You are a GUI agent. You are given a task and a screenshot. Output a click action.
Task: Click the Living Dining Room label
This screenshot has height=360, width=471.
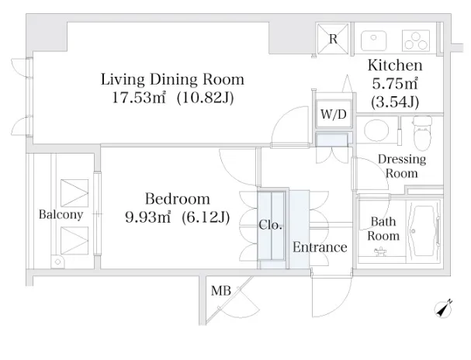pyautogui.click(x=172, y=80)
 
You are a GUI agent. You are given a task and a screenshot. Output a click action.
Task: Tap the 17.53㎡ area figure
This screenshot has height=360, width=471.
pyautogui.click(x=139, y=98)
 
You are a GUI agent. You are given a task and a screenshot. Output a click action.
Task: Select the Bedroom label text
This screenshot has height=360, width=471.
pyautogui.click(x=178, y=199)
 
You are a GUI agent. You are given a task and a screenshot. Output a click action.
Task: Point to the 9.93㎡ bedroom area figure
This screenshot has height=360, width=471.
pyautogui.click(x=147, y=217)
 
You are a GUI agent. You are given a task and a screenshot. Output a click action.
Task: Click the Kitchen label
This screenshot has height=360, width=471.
pyautogui.click(x=395, y=65)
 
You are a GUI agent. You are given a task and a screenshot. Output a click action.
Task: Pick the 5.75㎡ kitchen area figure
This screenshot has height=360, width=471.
pyautogui.click(x=395, y=84)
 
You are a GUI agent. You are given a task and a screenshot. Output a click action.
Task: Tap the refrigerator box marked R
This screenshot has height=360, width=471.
pyautogui.click(x=333, y=39)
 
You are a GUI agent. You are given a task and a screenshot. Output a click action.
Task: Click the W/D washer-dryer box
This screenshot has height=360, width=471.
pyautogui.click(x=334, y=114)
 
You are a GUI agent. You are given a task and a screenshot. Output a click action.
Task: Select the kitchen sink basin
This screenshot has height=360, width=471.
pyautogui.click(x=373, y=40)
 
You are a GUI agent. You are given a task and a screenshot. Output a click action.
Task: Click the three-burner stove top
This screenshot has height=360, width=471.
pyautogui.click(x=416, y=40)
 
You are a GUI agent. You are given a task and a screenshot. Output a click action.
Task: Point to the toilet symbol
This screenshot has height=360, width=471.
pyautogui.click(x=422, y=133)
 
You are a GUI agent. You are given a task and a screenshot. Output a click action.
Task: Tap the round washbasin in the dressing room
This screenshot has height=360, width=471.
pyautogui.click(x=376, y=130)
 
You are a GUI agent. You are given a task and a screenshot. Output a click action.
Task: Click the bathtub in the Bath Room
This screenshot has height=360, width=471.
pyautogui.click(x=424, y=231)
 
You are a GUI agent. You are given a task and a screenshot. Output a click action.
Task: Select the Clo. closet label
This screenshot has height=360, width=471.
pyautogui.click(x=270, y=225)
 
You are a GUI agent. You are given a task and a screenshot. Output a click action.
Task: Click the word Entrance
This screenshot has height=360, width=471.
pyautogui.click(x=320, y=247)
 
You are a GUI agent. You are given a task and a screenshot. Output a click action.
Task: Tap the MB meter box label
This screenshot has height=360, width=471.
pyautogui.click(x=221, y=291)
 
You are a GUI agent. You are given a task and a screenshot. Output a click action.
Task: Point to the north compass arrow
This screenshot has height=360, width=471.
pyautogui.click(x=443, y=309)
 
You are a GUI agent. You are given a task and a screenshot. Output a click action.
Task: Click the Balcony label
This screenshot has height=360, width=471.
pyautogui.click(x=61, y=215)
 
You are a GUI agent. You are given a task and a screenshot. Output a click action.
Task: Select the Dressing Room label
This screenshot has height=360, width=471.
pyautogui.click(x=402, y=166)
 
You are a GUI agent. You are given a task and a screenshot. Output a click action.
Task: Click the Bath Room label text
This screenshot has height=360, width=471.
pyautogui.click(x=383, y=229)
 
